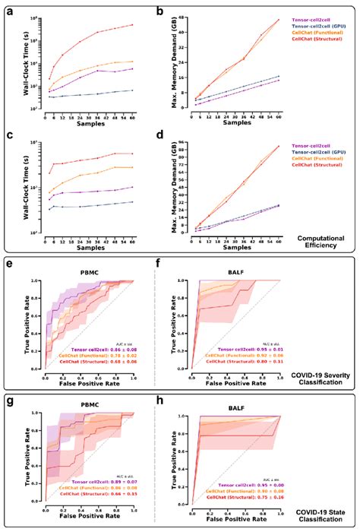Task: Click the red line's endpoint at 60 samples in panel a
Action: (133, 24)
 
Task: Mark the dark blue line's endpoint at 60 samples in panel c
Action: (133, 202)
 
